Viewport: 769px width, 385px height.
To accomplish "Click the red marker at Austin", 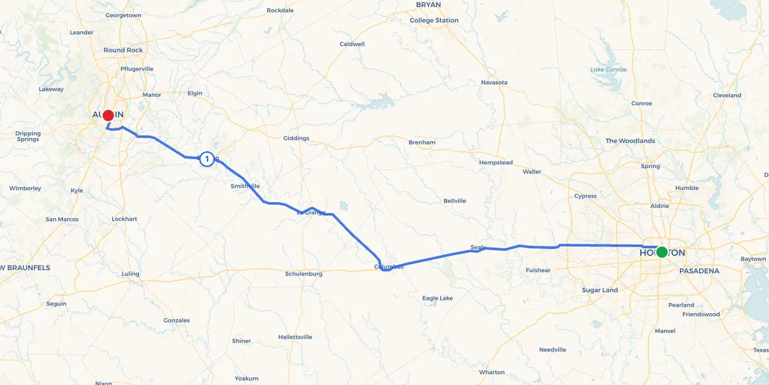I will pos(108,116).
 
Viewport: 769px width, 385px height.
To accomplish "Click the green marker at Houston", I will pos(661,252).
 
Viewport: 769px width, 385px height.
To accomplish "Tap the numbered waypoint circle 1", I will pos(207,158).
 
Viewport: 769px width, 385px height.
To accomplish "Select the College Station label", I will pos(434,21).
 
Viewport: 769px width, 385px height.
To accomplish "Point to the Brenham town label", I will pos(422,142).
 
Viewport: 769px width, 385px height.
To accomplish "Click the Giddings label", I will pos(296,138).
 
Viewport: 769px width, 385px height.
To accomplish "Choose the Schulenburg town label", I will pos(303,273).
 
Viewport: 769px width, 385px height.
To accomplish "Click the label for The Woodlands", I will pos(630,141).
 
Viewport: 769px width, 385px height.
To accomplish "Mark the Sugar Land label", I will pos(600,290).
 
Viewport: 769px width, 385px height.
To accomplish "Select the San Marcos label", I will pos(62,219).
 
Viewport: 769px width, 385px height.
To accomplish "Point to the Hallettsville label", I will pos(295,337).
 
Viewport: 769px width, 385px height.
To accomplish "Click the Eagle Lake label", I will pos(438,298).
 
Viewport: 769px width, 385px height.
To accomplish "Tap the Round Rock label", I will pos(123,50).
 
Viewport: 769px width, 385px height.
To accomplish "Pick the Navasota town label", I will pos(494,82).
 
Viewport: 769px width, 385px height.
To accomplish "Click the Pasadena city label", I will pos(699,271).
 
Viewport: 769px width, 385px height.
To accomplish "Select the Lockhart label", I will pos(124,219).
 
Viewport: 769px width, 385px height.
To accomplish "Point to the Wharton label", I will pos(492,372).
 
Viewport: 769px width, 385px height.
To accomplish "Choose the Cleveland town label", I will pos(727,96).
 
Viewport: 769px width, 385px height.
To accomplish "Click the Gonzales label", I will pos(177,320).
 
